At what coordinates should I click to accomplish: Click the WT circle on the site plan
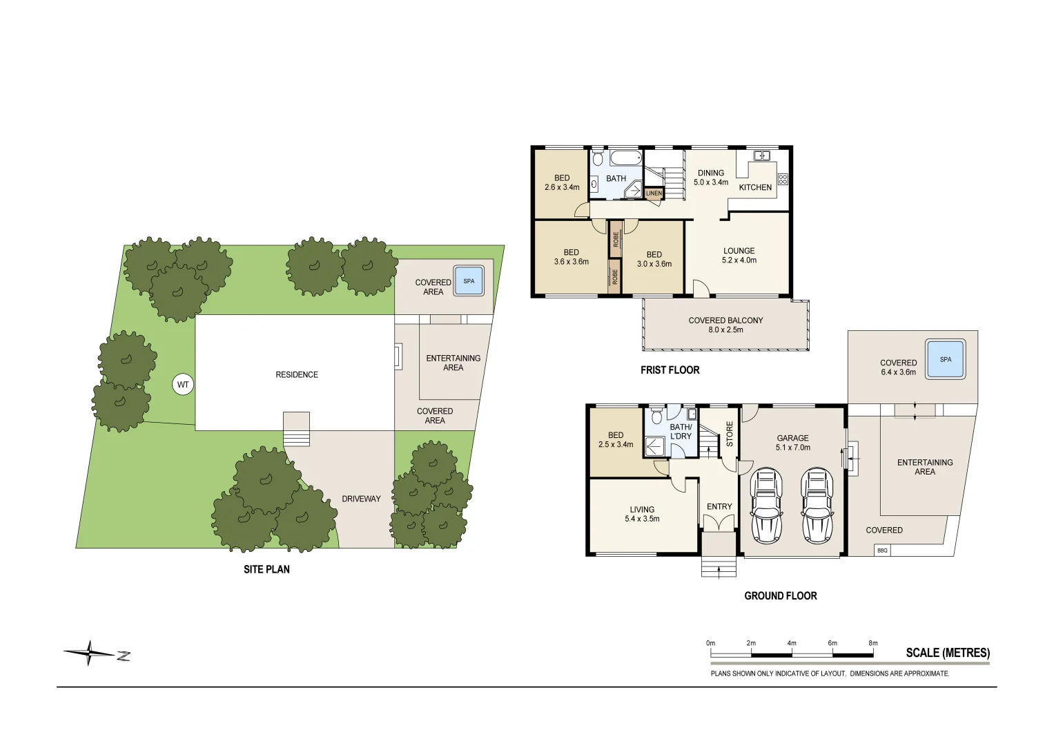click(x=182, y=384)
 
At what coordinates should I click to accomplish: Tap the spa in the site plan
click(x=469, y=281)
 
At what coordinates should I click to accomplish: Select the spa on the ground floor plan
click(x=946, y=359)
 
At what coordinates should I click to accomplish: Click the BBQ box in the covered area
click(x=882, y=550)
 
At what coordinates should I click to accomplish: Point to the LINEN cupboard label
click(x=654, y=193)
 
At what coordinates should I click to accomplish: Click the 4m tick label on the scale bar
click(x=792, y=643)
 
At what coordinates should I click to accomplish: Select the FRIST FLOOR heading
click(x=670, y=370)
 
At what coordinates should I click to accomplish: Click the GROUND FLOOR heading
click(x=781, y=595)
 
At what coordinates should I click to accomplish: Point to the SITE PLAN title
click(x=266, y=569)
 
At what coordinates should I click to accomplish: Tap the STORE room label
click(x=730, y=434)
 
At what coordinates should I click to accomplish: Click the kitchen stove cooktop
click(x=783, y=179)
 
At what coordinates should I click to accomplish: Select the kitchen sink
click(x=761, y=155)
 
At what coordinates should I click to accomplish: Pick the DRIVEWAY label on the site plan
click(x=361, y=499)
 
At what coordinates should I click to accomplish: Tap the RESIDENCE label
click(x=297, y=375)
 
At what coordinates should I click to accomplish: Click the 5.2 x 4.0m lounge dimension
click(x=739, y=260)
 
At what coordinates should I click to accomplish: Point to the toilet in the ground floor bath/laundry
click(x=656, y=415)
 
